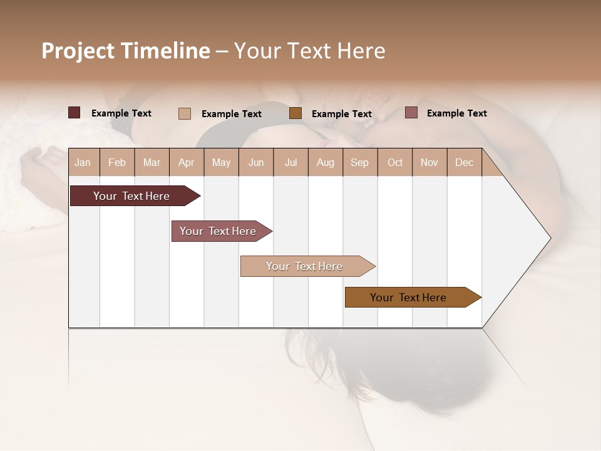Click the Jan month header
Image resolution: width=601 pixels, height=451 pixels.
click(x=83, y=162)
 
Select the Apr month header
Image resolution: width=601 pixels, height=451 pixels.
click(x=187, y=162)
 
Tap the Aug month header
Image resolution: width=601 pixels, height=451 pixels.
click(x=326, y=162)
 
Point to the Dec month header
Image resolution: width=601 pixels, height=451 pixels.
click(x=464, y=162)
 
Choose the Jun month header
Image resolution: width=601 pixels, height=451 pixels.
click(x=256, y=162)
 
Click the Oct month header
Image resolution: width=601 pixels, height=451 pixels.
click(x=395, y=162)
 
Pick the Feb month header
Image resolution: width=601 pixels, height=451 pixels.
click(x=117, y=162)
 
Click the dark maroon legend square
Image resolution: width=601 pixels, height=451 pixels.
click(x=74, y=113)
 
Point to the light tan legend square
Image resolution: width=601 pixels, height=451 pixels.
click(x=185, y=113)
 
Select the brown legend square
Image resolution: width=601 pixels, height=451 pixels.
click(x=295, y=113)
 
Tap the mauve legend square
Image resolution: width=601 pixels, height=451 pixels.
click(x=411, y=113)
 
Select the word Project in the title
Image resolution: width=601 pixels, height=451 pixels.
click(x=78, y=51)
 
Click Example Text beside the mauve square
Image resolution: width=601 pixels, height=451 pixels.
click(x=456, y=113)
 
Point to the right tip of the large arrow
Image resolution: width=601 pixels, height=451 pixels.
click(x=550, y=238)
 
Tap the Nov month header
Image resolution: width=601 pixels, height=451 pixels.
click(x=429, y=162)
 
